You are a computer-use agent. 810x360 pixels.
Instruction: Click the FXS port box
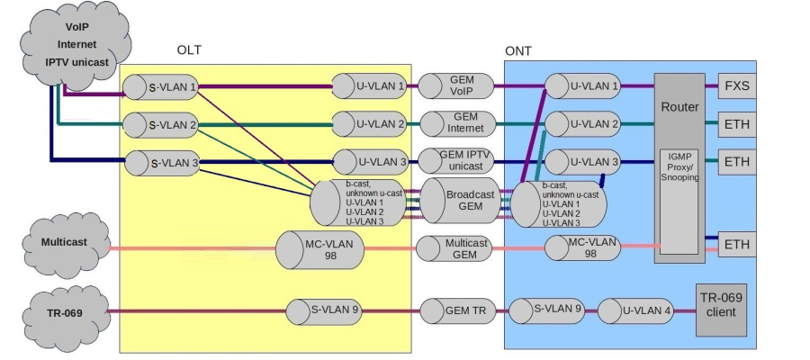pos(735,86)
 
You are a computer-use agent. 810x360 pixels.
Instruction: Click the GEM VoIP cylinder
pos(457,86)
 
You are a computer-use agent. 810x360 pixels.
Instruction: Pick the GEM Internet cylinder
pos(457,123)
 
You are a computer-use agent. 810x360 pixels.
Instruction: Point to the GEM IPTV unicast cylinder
pos(457,162)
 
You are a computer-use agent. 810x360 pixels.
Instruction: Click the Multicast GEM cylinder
pos(457,249)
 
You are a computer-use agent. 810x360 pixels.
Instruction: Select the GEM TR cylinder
pos(457,312)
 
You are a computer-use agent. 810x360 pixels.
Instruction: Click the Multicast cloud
pos(65,243)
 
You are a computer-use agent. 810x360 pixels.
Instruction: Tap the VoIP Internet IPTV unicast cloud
pos(76,44)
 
